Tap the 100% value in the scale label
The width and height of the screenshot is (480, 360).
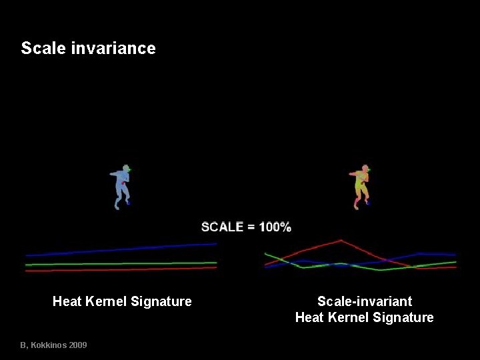point(275,227)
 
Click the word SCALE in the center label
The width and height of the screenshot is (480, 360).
point(222,227)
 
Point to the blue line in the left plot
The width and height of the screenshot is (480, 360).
point(120,249)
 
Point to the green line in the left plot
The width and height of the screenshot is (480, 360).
point(120,263)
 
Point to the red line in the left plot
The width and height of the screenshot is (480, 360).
point(120,269)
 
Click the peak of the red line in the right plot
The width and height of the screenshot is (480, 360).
point(341,241)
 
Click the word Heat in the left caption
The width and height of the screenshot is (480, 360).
point(67,302)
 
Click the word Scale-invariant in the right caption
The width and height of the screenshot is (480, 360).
point(364,302)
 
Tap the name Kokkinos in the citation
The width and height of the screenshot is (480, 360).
point(46,345)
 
